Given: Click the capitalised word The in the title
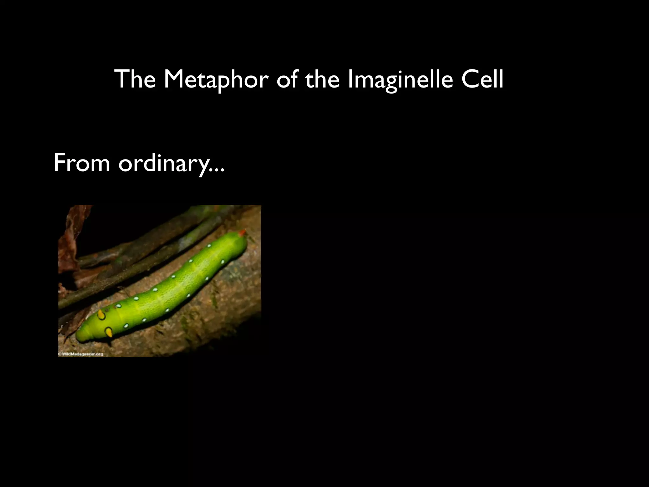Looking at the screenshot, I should click(135, 79).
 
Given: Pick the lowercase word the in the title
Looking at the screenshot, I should click(323, 79).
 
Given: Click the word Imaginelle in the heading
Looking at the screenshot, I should click(400, 80).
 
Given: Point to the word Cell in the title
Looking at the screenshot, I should click(482, 79).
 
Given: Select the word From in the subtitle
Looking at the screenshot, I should click(81, 163).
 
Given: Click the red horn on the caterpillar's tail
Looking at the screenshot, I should click(242, 233).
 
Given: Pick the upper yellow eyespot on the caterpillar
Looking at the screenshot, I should click(101, 315).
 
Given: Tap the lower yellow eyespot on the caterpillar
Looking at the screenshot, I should click(109, 332).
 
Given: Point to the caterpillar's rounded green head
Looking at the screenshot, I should click(84, 333).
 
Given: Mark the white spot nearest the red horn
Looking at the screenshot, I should click(209, 246).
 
